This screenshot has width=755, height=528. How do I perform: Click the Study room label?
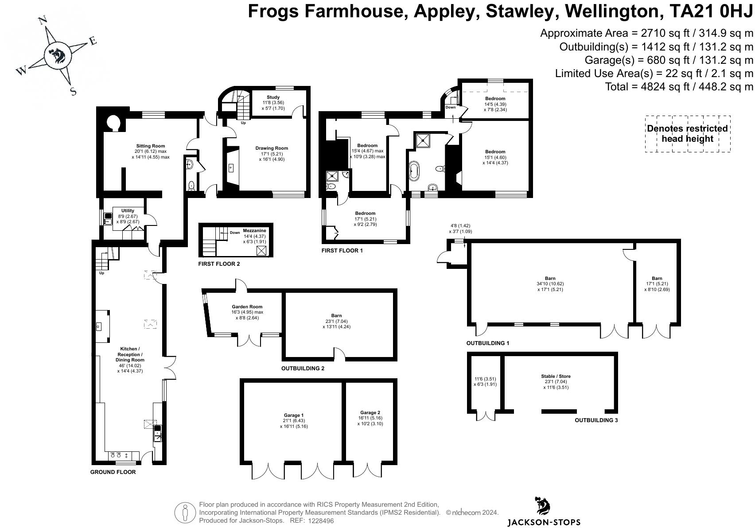273,97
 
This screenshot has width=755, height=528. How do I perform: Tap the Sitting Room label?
151,146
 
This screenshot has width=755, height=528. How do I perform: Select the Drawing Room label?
272,148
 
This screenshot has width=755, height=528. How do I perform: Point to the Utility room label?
128,210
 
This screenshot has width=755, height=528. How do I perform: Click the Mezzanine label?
254,230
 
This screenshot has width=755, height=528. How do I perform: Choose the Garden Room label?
247,307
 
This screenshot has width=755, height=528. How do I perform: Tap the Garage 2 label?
370,412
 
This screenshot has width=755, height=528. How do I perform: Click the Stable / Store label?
556,376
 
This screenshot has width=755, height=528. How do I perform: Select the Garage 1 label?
294,415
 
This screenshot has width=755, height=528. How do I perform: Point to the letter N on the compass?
43,21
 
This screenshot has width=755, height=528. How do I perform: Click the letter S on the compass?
74,91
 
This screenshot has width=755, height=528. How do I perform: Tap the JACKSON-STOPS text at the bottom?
544,522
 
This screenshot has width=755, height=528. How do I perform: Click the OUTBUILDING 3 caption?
596,420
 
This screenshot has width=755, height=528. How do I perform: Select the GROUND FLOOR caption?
113,472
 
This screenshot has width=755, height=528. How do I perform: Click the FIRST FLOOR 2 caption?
219,264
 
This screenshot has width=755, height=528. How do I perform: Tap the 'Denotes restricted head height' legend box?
688,134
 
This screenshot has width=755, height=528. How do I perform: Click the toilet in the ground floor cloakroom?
191,185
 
